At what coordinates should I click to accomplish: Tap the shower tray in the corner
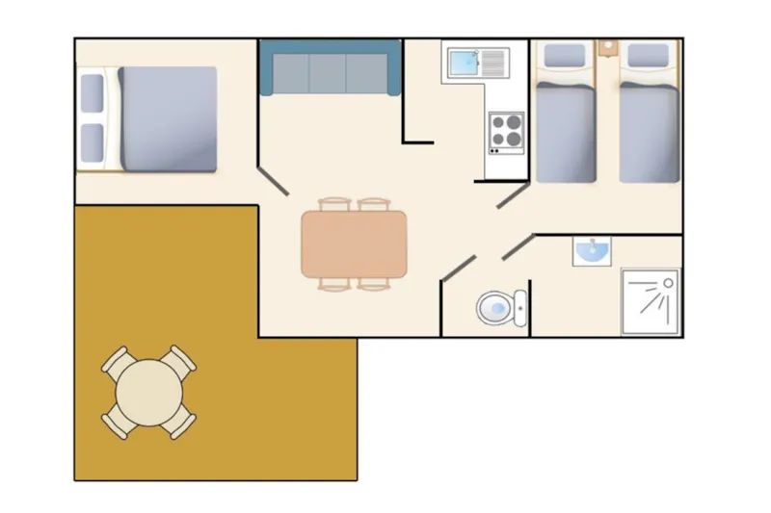650,300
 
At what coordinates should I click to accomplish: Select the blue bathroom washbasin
591,250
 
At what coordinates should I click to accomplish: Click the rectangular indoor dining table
354,244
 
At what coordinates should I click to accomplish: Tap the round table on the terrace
149,393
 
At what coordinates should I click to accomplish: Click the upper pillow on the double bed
93,94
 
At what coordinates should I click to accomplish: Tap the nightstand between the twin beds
607,46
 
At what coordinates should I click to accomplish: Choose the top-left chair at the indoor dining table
333,204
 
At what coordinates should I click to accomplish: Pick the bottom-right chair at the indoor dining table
374,283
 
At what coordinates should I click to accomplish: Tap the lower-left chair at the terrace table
117,421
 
